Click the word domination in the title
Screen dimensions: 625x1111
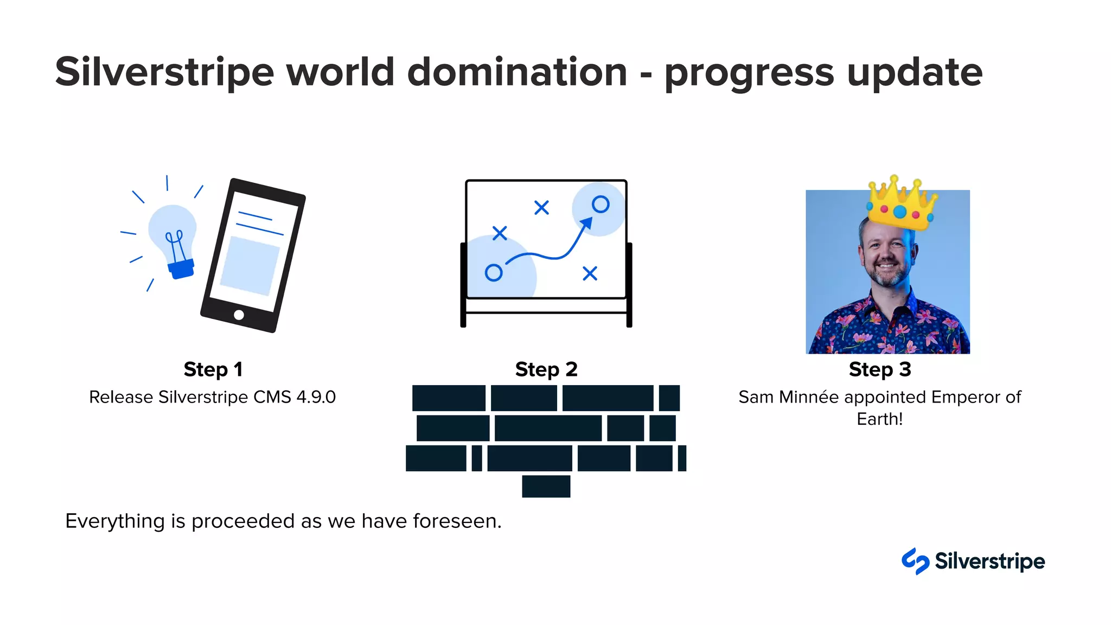(x=516, y=72)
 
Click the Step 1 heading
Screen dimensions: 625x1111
(x=213, y=369)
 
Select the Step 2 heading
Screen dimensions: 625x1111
(x=546, y=369)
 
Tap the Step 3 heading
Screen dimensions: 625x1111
(x=879, y=369)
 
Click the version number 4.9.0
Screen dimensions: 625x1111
(x=316, y=397)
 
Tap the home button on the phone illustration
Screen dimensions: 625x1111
(x=239, y=315)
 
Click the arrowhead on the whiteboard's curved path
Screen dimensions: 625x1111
(x=586, y=224)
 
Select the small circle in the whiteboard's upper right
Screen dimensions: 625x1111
(x=600, y=205)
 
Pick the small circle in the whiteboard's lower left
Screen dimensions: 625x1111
(x=493, y=272)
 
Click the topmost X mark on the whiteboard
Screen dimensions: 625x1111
(x=541, y=207)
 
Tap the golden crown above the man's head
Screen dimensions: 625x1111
(x=901, y=203)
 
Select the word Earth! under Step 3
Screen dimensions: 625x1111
(x=879, y=419)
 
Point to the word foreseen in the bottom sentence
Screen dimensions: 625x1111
(x=457, y=521)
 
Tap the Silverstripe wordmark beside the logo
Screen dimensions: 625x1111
(x=989, y=561)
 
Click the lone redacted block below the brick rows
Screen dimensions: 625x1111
(x=546, y=486)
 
